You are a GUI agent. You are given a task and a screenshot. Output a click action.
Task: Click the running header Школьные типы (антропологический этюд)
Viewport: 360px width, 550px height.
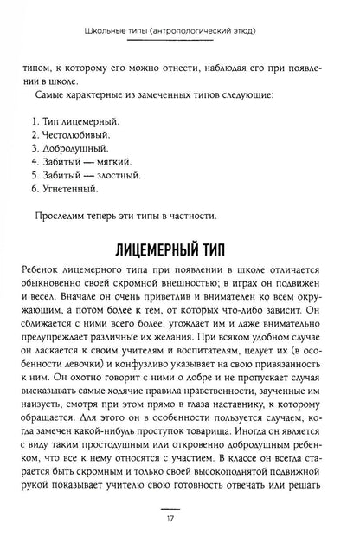(x=179, y=23)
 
